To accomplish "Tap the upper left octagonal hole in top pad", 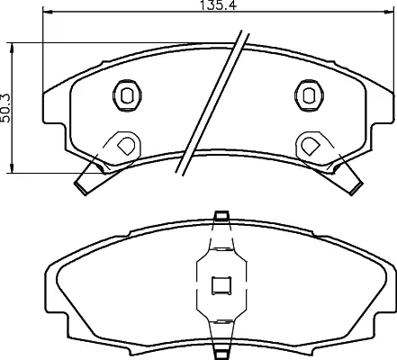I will point(126,94).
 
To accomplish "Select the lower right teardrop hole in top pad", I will point(311,143).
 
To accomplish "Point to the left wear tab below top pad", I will point(87,177).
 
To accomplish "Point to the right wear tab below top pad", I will point(347,177).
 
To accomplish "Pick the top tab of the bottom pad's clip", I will point(220,217).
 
